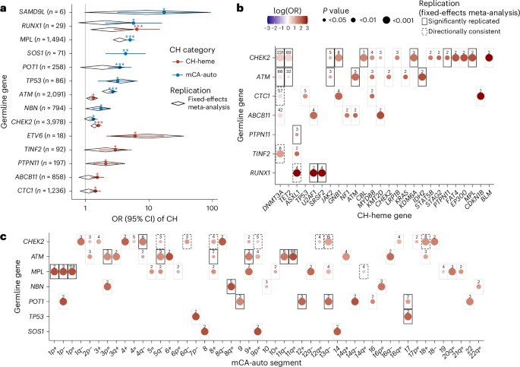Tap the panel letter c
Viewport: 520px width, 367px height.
click(x=5, y=238)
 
